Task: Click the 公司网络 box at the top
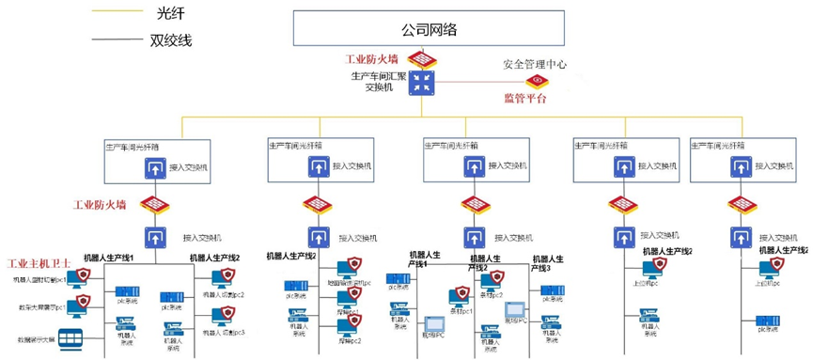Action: click(x=429, y=29)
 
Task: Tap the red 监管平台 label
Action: click(x=524, y=98)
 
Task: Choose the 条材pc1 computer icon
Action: click(x=460, y=298)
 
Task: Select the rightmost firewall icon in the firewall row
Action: click(x=741, y=205)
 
